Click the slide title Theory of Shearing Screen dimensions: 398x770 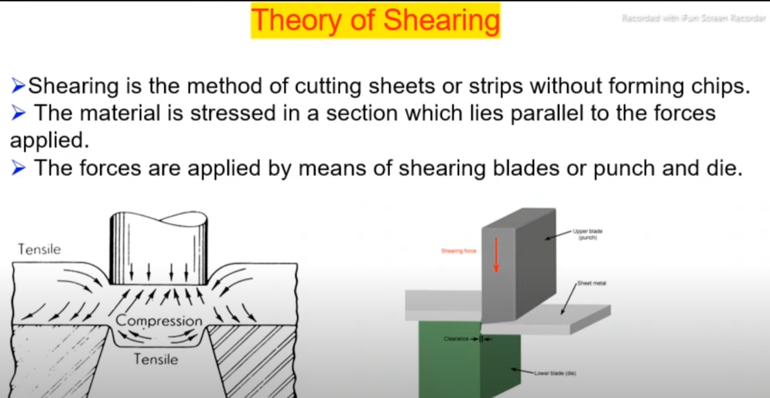click(375, 20)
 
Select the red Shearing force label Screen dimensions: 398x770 click(458, 251)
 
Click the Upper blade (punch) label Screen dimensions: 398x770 click(587, 235)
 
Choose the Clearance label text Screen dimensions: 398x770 click(456, 339)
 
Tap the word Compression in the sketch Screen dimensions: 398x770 click(159, 321)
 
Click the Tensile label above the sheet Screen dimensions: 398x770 click(39, 250)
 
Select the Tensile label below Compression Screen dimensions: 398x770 click(156, 359)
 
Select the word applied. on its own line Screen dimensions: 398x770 click(49, 141)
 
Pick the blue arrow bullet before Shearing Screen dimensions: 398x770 click(18, 86)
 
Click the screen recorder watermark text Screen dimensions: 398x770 click(693, 19)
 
